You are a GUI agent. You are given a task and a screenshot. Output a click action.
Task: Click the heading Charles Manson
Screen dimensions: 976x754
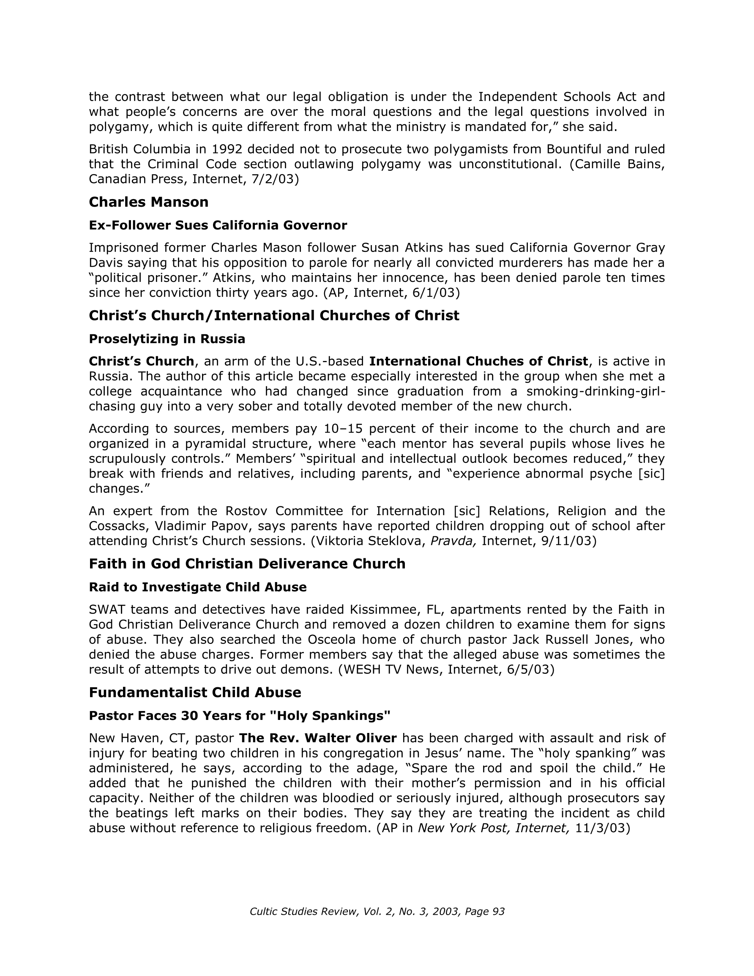pos(148,202)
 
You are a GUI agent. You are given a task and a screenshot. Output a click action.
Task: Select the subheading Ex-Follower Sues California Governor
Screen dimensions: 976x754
pos(218,225)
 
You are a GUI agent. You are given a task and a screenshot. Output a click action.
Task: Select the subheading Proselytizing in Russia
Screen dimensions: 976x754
pos(167,339)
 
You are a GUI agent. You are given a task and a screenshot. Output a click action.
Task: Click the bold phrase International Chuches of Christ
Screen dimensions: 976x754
pos(478,361)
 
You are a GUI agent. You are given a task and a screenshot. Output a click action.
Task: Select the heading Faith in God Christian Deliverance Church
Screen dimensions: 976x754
pos(247,564)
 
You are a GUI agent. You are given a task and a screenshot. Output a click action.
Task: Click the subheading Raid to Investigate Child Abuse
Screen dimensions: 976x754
pos(197,587)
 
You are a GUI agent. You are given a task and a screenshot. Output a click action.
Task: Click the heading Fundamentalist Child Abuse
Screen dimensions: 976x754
pos(195,693)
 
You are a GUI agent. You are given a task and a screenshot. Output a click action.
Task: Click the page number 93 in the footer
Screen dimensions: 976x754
pos(498,912)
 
